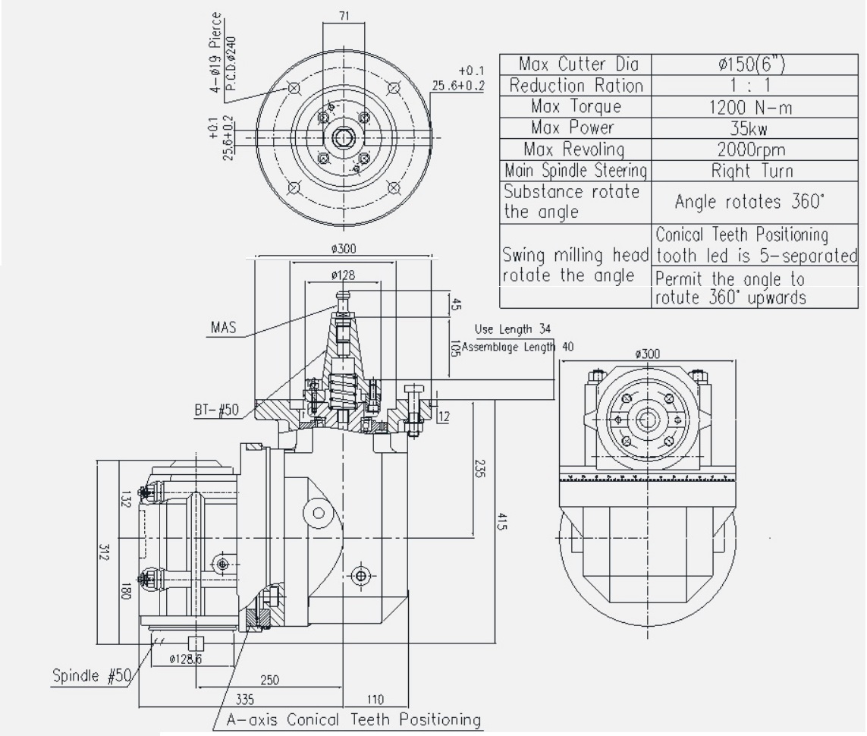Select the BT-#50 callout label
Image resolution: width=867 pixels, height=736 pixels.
[216, 410]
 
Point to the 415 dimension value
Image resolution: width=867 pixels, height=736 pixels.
[503, 522]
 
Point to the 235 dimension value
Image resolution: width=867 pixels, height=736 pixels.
[479, 469]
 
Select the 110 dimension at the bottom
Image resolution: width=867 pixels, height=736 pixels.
[377, 699]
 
